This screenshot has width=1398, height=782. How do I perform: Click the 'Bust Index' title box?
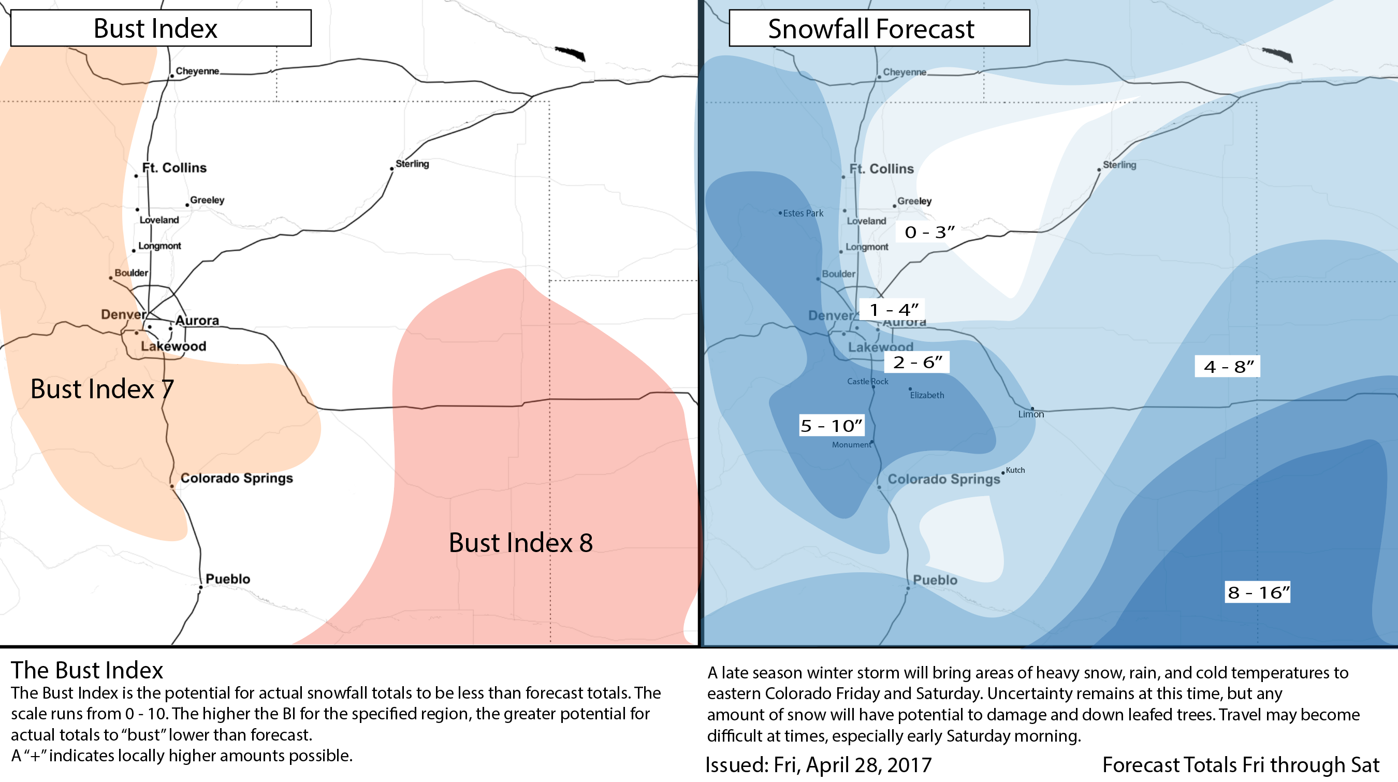161,27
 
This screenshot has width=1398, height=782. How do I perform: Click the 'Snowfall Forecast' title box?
879,28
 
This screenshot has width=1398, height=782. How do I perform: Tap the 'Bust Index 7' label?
102,389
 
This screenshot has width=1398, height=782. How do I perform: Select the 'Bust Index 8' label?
521,543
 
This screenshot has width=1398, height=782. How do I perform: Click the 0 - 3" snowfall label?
929,232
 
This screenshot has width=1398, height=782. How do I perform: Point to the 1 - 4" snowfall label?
894,310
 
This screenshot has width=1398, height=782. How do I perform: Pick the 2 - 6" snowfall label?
918,362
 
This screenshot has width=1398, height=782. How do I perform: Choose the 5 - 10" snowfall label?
832,426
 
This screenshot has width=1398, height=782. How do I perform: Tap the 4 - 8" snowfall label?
1228,366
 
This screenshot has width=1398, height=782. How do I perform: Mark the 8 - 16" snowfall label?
1258,592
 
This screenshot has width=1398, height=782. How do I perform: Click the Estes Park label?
803,213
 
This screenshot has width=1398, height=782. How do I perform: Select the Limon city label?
1031,414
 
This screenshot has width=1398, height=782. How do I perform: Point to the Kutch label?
1015,470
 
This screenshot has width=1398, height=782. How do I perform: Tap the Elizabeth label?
927,395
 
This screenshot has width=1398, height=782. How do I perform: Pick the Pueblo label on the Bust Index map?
228,579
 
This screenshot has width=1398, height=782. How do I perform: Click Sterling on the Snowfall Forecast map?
1119,165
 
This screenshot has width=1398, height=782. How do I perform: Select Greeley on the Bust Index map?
207,200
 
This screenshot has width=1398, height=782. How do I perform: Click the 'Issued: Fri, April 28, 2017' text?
819,764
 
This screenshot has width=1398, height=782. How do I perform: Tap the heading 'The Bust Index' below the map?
87,670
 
